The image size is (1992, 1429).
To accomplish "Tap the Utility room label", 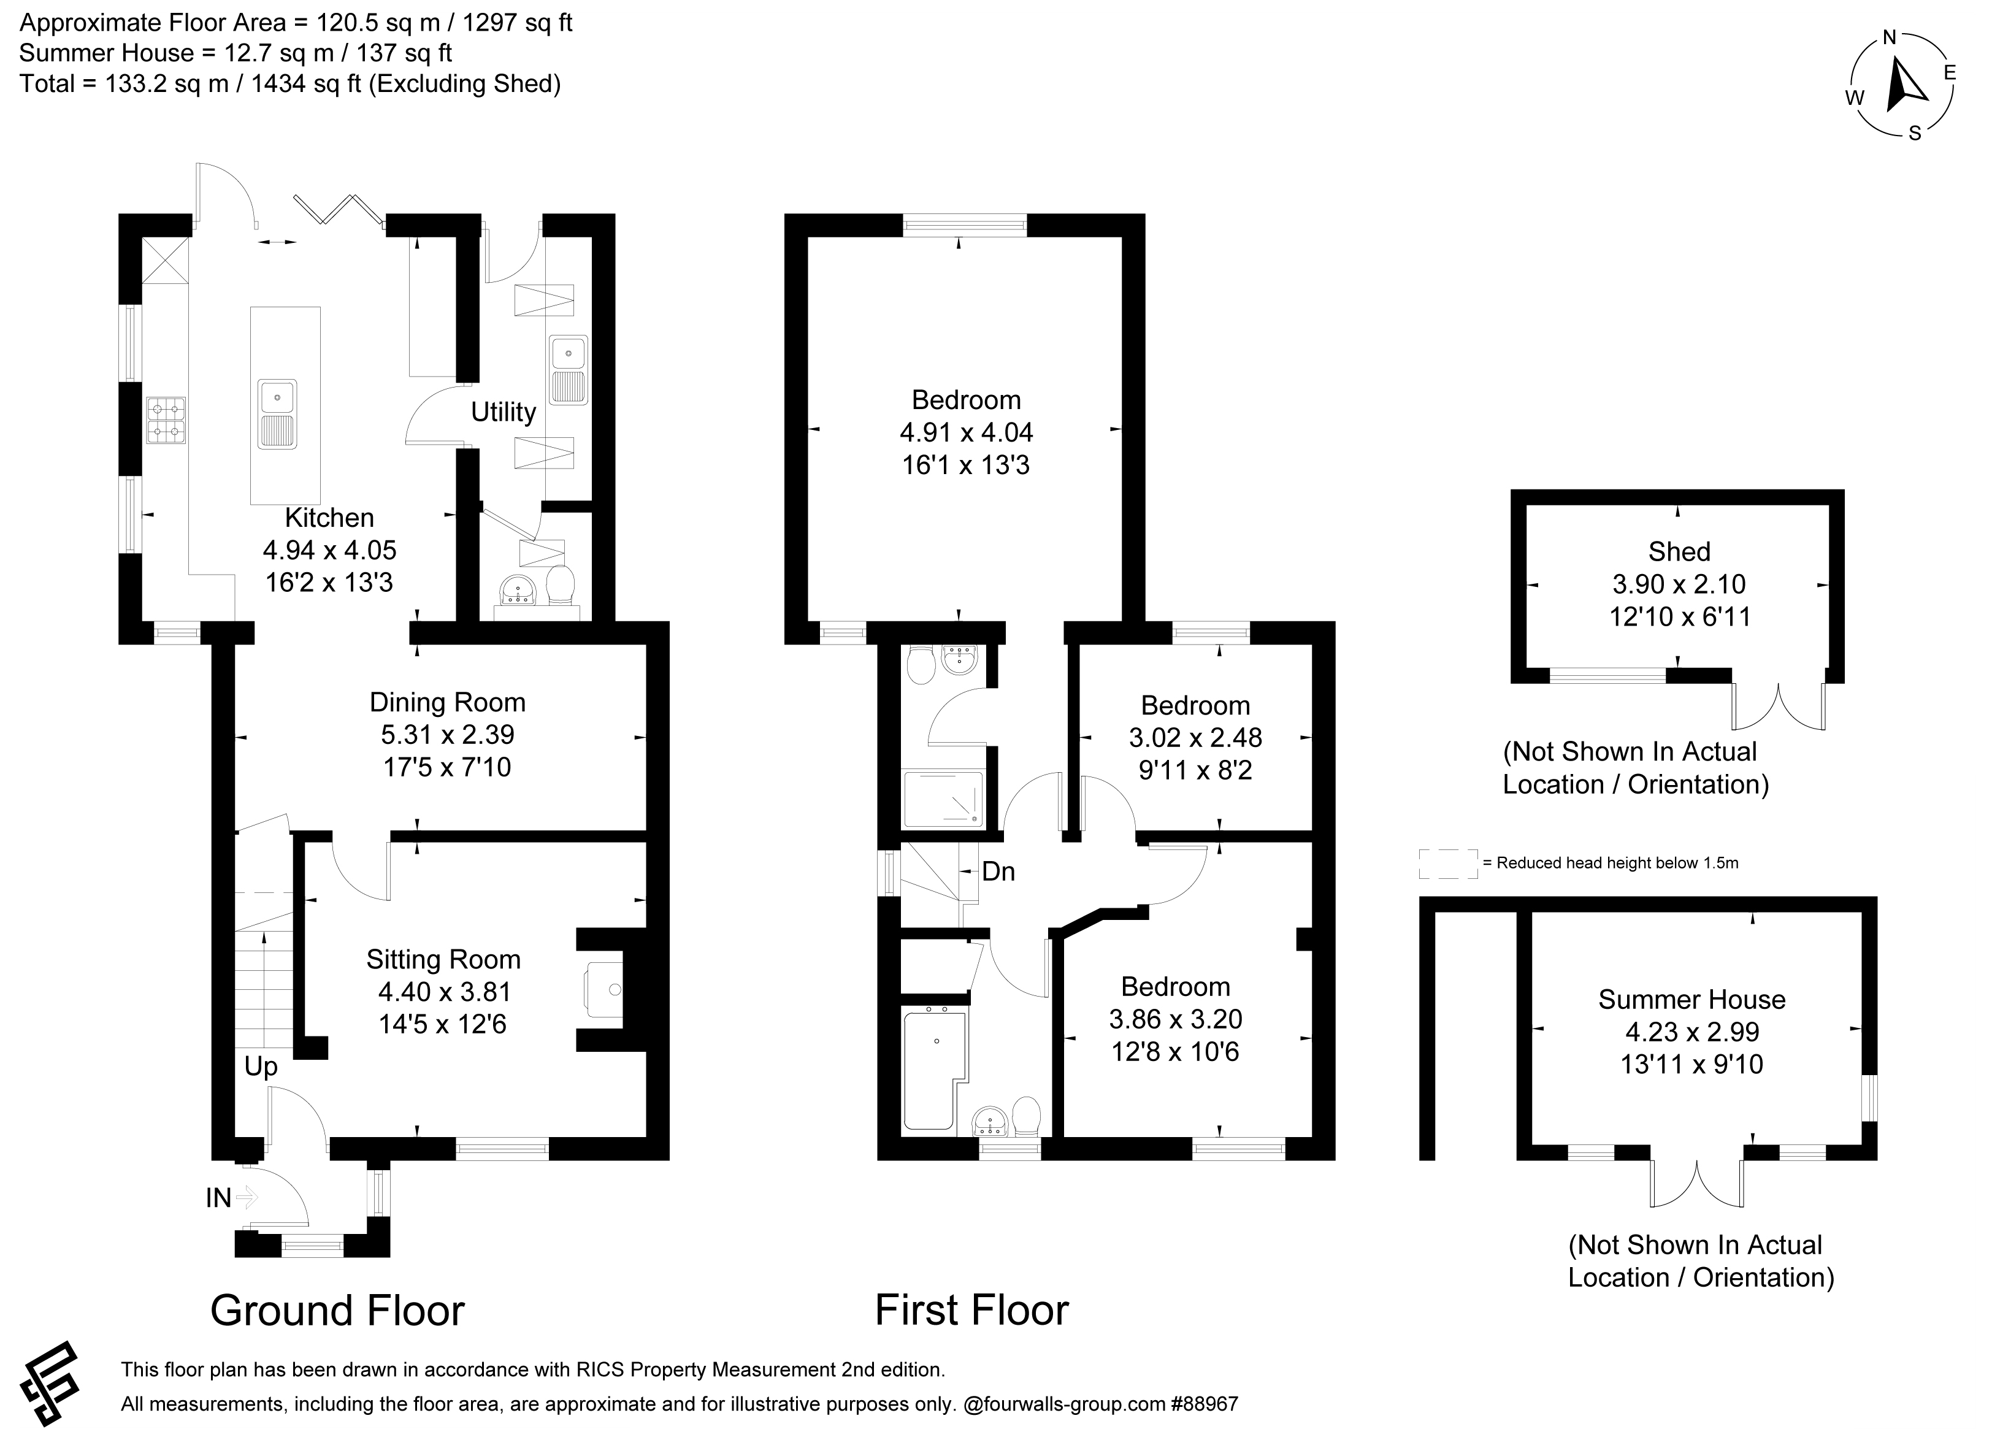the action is (x=504, y=412).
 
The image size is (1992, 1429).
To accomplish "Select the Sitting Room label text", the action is (x=443, y=959).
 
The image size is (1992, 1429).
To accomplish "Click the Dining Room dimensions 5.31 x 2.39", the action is (x=447, y=734).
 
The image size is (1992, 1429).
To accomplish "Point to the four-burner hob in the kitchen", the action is (x=166, y=420).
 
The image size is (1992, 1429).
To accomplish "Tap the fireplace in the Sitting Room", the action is (x=604, y=990).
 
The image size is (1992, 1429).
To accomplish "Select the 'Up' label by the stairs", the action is (x=261, y=1067).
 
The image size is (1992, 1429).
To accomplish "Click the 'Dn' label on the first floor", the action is (x=998, y=872).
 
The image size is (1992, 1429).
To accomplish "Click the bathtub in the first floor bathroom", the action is (x=935, y=1070).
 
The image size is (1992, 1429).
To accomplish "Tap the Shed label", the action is (x=1679, y=551).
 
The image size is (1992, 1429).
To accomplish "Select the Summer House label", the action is (x=1691, y=1000).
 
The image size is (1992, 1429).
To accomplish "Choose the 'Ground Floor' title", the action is (x=337, y=1311).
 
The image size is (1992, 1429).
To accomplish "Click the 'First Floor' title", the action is (x=971, y=1311).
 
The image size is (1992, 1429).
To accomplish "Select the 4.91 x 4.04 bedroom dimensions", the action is (x=966, y=432).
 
